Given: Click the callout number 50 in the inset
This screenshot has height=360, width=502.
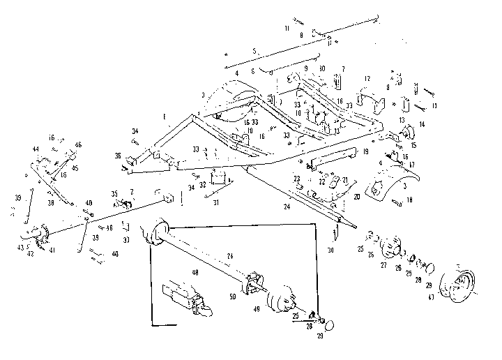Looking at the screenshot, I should [233, 297].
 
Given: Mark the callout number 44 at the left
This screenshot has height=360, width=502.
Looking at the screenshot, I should [35, 150].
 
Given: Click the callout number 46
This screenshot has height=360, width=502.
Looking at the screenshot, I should [78, 144].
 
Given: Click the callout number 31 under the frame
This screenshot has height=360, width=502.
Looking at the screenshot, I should [216, 203].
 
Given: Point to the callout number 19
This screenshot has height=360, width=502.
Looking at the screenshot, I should [365, 151].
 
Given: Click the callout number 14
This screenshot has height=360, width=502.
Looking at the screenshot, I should [421, 125].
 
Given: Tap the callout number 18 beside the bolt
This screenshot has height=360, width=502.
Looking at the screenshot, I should [409, 200].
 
